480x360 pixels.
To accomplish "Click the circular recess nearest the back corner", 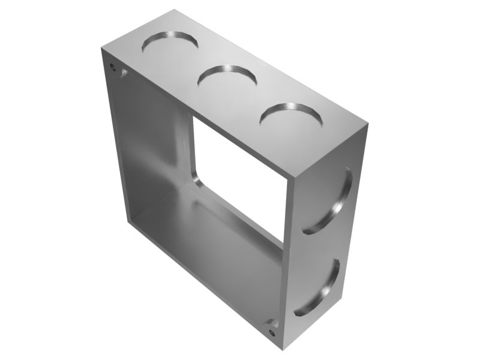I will (169, 44).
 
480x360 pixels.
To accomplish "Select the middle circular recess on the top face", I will (227, 79).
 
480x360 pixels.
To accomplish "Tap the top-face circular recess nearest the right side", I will (290, 116).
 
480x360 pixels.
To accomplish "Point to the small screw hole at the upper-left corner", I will (113, 67).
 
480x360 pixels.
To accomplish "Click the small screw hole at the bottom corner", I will (274, 329).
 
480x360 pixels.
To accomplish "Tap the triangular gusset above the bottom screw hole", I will (271, 322).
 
